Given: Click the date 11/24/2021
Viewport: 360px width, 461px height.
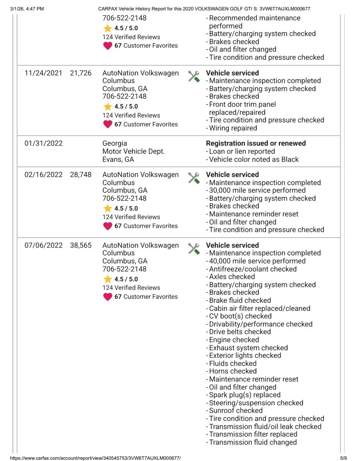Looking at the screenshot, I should point(43,73).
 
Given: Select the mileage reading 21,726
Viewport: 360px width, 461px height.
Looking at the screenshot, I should point(81,73).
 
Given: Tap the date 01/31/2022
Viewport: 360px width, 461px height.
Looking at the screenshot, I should point(43,143).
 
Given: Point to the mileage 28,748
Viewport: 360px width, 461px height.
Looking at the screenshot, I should point(81,175).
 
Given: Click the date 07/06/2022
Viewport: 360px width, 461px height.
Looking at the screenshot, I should point(43,245).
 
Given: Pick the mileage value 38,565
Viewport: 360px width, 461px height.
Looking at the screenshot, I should point(81,245).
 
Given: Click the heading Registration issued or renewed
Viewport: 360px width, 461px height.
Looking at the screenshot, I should point(256,143).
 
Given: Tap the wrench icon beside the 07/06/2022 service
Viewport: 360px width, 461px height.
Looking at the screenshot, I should point(194,248).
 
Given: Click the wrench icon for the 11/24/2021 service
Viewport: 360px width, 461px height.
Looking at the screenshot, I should point(194,76).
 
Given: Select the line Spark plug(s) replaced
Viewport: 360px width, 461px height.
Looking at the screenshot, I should point(244,395).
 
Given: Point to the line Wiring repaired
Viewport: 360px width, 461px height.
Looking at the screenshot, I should point(233,128).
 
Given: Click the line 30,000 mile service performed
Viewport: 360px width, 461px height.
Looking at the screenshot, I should point(257,191).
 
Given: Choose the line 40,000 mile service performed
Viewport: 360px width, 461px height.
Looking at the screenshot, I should point(257,261).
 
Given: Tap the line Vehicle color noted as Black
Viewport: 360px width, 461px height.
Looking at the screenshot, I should point(253,159).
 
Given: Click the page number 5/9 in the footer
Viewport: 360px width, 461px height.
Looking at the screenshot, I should point(343,458).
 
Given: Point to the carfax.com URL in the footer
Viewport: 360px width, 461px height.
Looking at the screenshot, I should point(95,458).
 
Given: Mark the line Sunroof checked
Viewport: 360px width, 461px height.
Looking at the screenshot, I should point(236,411).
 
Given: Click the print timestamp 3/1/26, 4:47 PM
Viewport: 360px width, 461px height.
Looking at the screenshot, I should point(27,8).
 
